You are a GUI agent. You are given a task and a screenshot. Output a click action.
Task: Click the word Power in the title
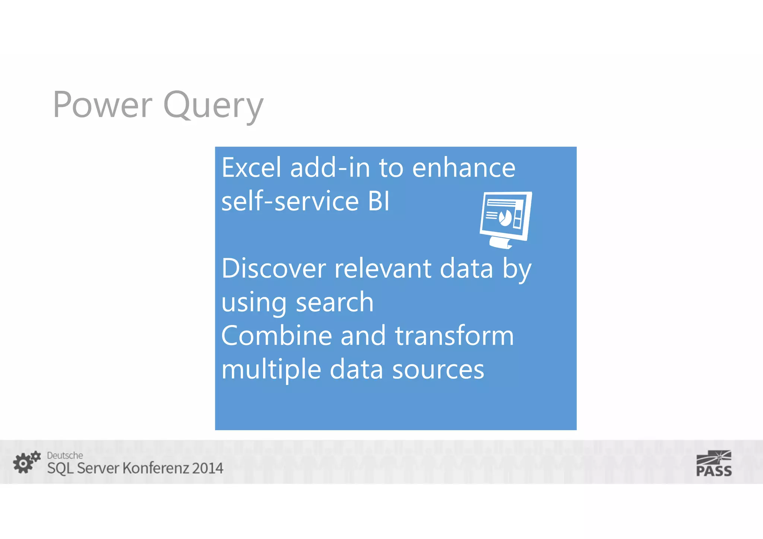point(103,105)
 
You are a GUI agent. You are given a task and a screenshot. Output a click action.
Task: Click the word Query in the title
point(213,106)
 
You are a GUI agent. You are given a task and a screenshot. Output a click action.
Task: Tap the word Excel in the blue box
point(251,168)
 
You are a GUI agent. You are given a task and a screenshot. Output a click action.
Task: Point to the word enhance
point(463,168)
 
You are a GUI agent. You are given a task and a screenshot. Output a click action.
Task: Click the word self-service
point(290,201)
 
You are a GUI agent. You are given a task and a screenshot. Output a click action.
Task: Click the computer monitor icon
point(506,219)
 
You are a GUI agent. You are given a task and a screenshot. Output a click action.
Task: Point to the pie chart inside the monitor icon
point(505,218)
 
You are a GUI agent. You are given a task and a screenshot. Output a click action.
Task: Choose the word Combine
point(276,336)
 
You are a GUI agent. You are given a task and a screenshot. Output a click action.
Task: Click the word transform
point(454,336)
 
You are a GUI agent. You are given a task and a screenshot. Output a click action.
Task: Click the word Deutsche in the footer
point(65,456)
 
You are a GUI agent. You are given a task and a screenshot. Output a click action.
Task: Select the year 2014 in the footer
point(208,468)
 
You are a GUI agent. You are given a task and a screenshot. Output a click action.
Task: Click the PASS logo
point(714,464)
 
